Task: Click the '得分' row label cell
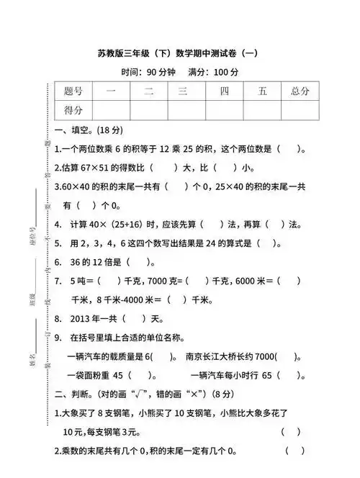73,109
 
